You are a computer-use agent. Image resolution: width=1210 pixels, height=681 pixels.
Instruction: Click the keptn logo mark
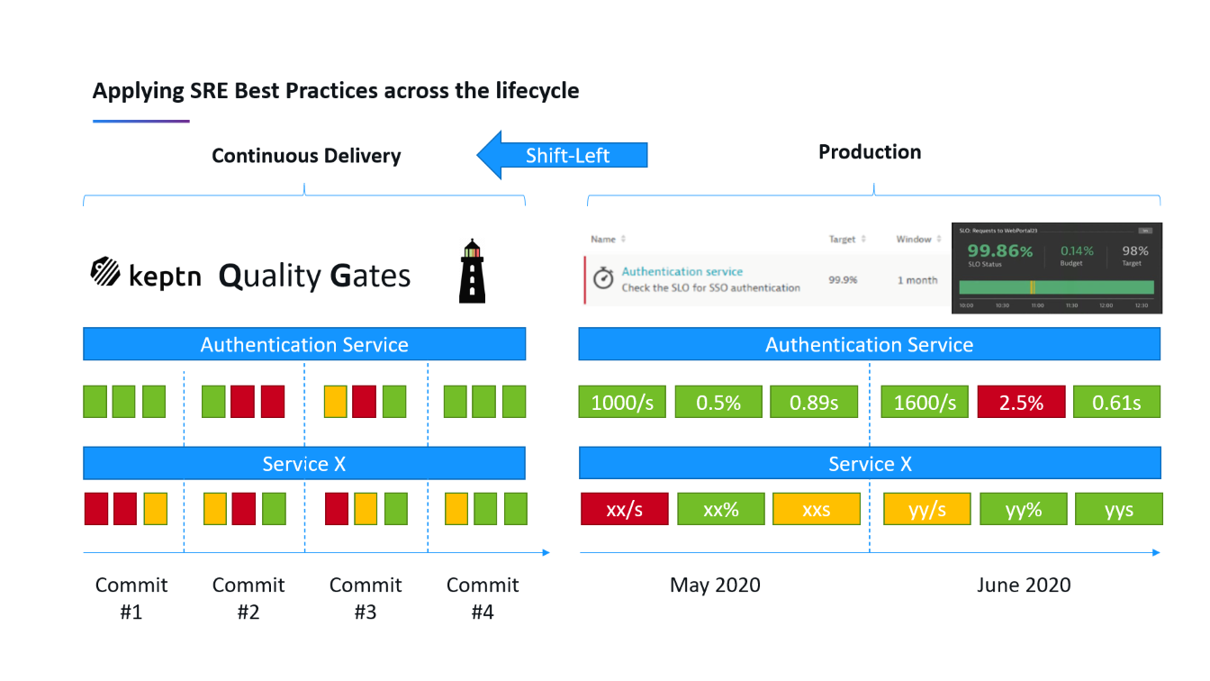point(105,272)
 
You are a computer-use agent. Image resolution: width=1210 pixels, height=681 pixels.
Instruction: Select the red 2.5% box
point(1021,402)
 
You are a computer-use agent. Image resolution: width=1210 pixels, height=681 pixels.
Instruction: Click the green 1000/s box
point(622,402)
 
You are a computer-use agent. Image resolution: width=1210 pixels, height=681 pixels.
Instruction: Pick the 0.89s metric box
point(814,402)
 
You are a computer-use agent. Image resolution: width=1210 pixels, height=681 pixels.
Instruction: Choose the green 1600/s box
point(925,402)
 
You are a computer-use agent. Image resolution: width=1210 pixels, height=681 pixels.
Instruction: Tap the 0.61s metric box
point(1116,402)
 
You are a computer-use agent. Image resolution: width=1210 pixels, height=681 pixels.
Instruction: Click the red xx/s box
point(624,509)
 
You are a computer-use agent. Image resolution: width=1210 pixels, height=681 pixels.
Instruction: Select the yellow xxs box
point(816,509)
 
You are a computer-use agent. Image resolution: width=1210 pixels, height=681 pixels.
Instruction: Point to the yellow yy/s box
point(927,509)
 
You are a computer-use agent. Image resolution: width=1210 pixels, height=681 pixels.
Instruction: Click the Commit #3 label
point(366,598)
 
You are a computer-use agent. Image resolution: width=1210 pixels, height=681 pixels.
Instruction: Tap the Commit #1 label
point(131,598)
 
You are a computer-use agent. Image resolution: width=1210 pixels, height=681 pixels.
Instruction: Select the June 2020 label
point(1024,586)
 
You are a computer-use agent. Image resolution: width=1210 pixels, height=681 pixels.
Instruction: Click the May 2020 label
point(715,586)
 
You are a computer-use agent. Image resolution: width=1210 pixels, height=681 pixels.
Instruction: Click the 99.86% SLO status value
point(999,251)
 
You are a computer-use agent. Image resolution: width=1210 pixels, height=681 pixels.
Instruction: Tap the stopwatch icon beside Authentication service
point(603,278)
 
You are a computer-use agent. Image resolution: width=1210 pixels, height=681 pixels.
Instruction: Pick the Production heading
point(869,152)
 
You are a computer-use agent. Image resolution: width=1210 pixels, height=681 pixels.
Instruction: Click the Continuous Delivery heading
point(306,156)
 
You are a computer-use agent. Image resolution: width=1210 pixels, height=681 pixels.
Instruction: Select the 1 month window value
point(917,280)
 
